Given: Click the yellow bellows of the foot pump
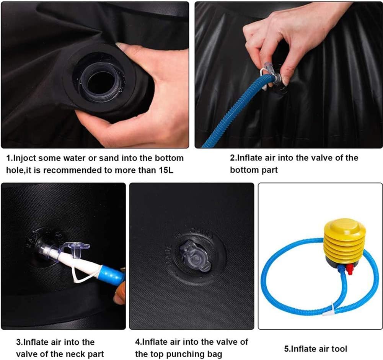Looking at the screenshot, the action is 345,243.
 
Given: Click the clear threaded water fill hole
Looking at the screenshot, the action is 101,80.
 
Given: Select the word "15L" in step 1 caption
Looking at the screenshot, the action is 166,170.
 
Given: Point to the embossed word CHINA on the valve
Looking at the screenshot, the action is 202,232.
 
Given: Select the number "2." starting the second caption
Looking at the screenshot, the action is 233,158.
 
